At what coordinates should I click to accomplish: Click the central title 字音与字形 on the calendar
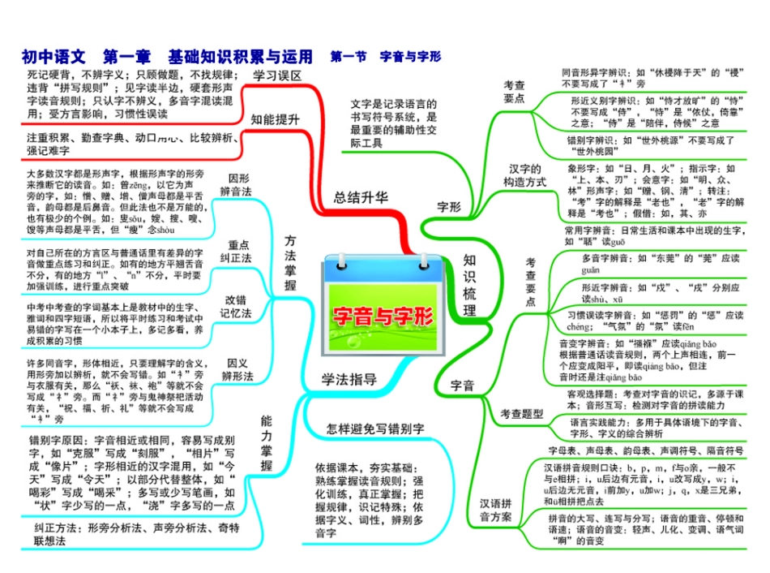coord(383,317)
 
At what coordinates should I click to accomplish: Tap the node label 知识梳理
coord(469,284)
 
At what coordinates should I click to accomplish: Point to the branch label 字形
coord(448,207)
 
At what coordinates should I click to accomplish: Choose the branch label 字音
coord(462,386)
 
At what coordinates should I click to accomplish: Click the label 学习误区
coord(277,75)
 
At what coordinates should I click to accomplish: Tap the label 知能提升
coord(275,118)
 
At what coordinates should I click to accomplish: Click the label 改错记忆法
coord(237,307)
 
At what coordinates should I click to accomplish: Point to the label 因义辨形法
coord(237,369)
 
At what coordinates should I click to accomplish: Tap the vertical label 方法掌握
coord(290,264)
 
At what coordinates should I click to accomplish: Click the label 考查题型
coord(521,413)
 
